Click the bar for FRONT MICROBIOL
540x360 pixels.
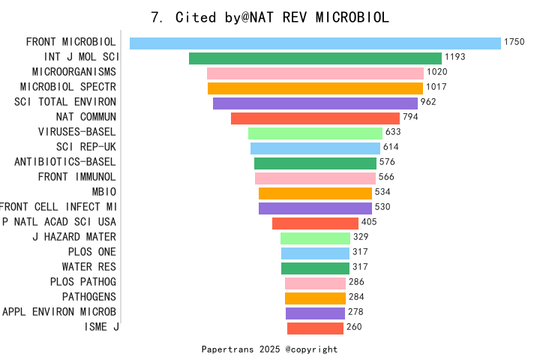pyautogui.click(x=315, y=43)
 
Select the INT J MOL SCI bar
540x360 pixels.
pyautogui.click(x=315, y=58)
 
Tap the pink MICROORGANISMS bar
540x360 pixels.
pyautogui.click(x=315, y=73)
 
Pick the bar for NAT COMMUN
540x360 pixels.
pyautogui.click(x=315, y=118)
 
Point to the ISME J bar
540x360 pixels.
pyautogui.click(x=315, y=328)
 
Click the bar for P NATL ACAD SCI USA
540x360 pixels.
pyautogui.click(x=315, y=223)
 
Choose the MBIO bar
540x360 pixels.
pyautogui.click(x=315, y=193)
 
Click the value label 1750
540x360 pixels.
pyautogui.click(x=514, y=42)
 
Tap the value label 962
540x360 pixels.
pyautogui.click(x=428, y=102)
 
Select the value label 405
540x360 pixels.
pyautogui.click(x=369, y=222)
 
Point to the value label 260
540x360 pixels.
pyautogui.click(x=354, y=327)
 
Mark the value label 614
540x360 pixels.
pyautogui.click(x=391, y=147)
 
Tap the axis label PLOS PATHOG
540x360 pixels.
pyautogui.click(x=83, y=282)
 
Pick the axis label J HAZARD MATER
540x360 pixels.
pyautogui.click(x=74, y=237)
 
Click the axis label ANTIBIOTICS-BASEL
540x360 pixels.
pyautogui.click(x=65, y=162)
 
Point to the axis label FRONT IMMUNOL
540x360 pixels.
pyautogui.click(x=77, y=177)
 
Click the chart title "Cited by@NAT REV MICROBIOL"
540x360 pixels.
pyautogui.click(x=270, y=17)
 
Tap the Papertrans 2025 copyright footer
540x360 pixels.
pyautogui.click(x=270, y=349)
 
